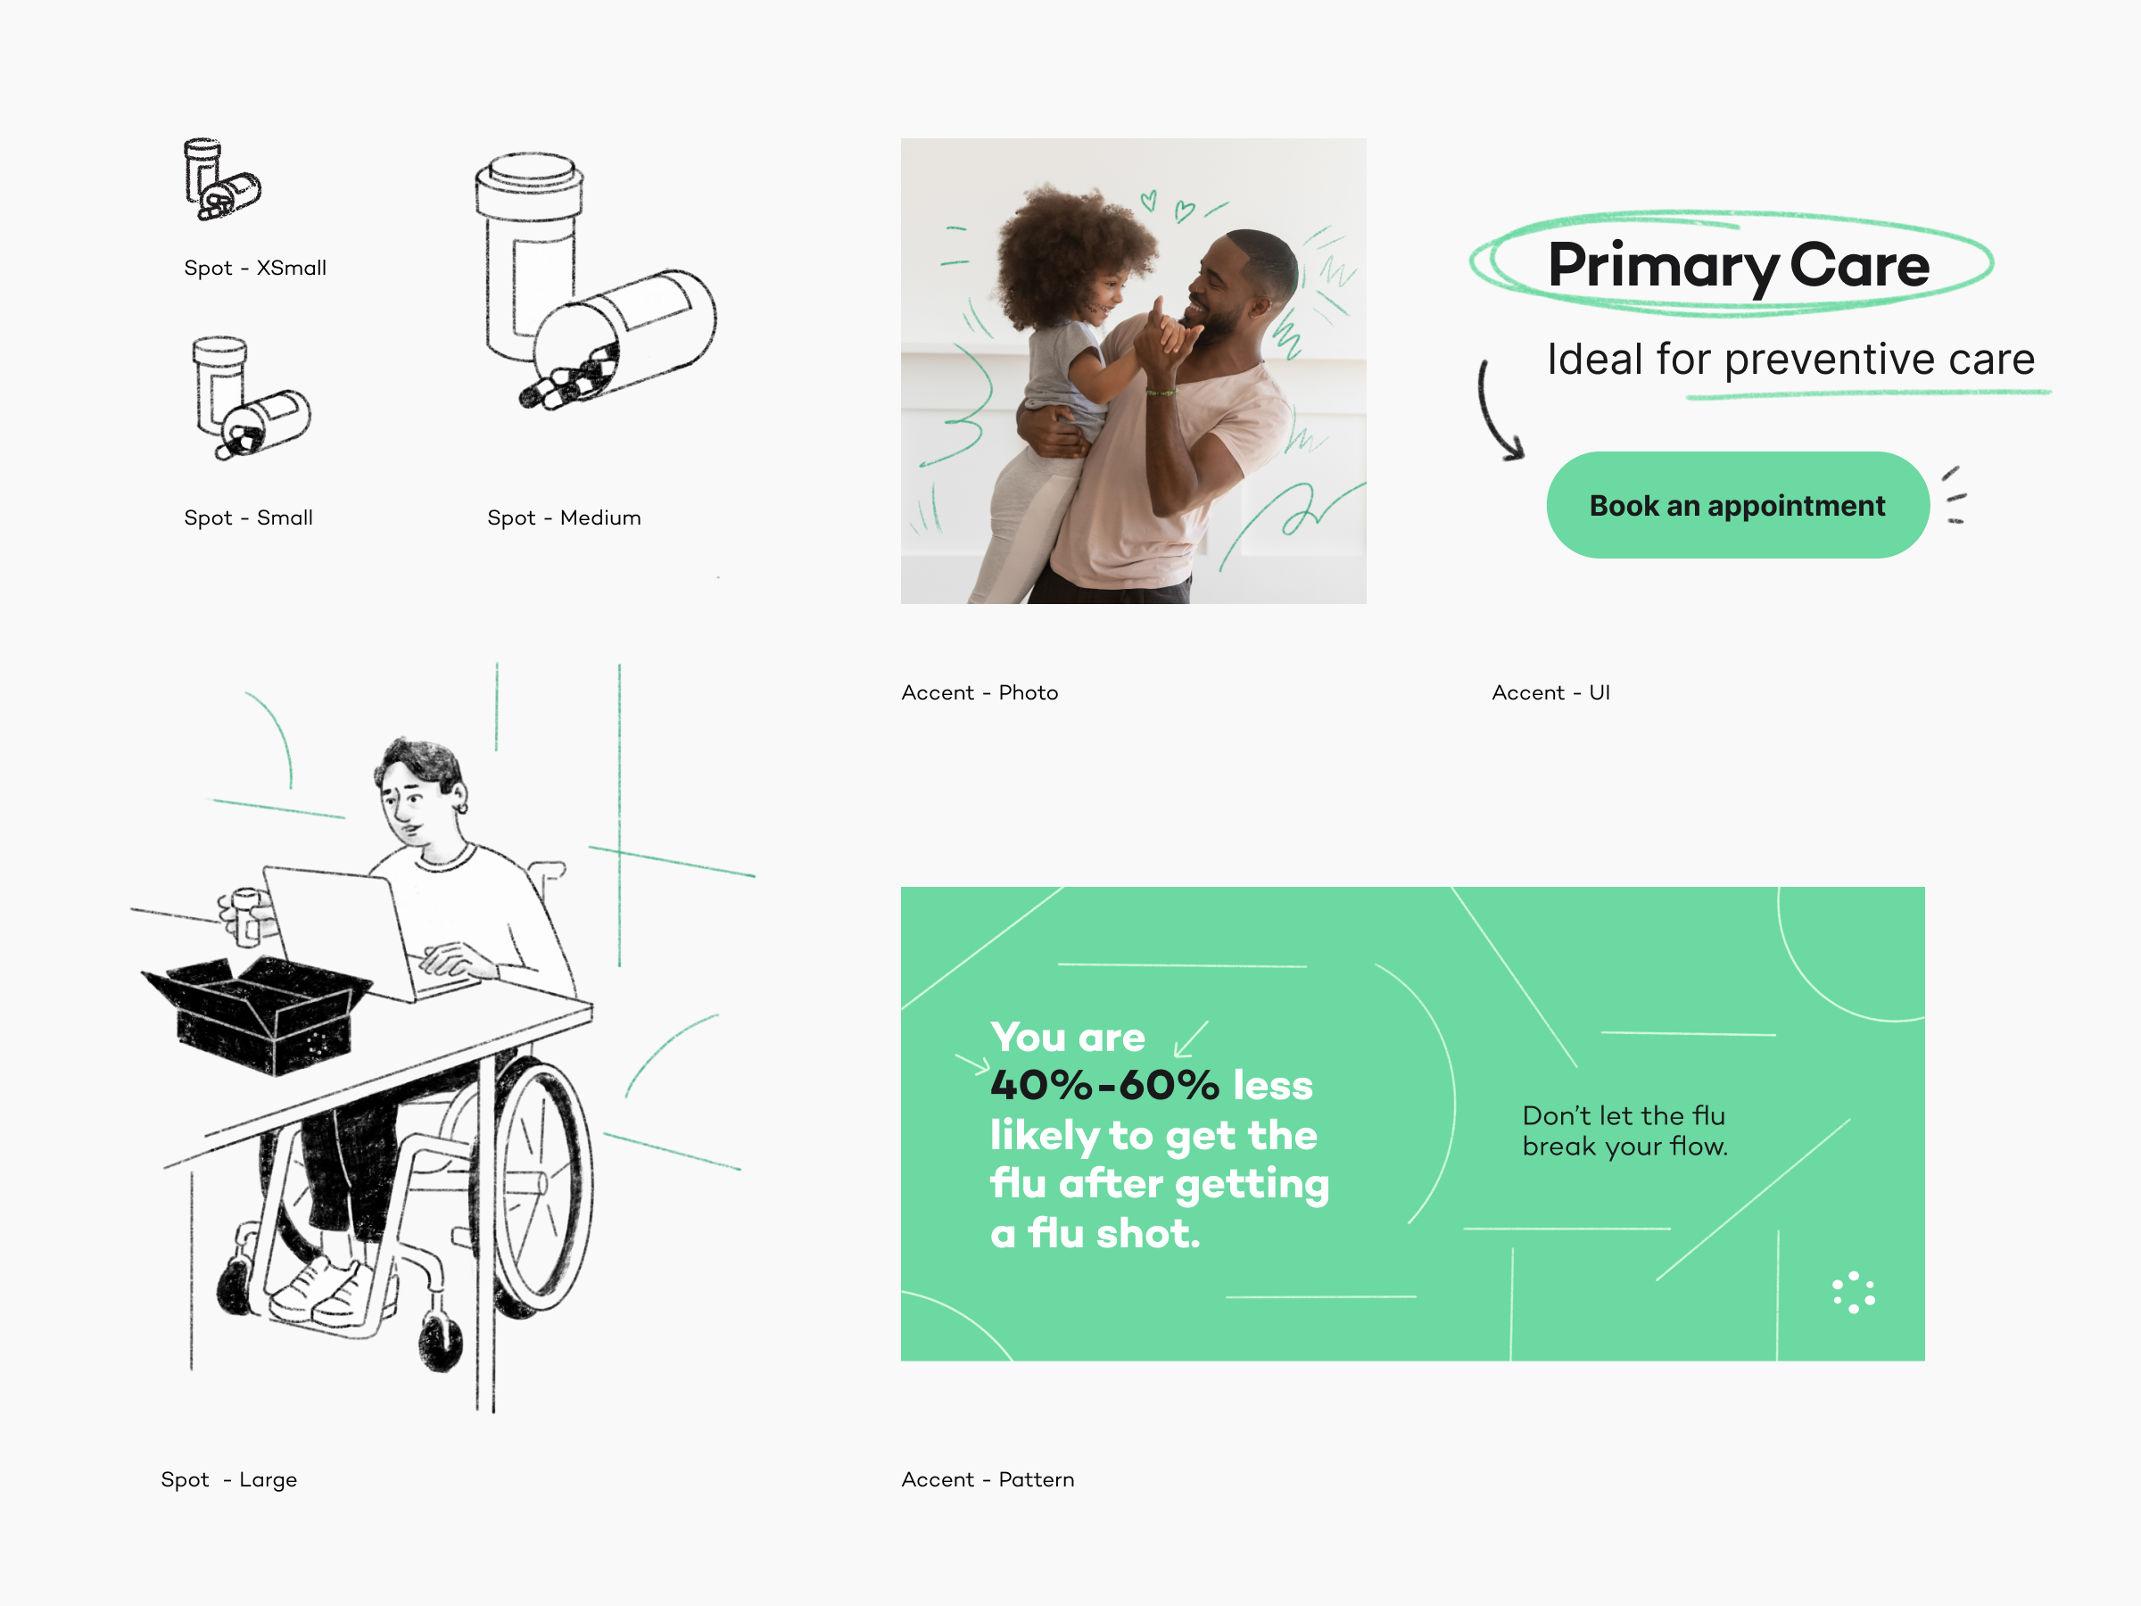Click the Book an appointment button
(1738, 504)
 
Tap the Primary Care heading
(1739, 265)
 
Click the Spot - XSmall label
(254, 269)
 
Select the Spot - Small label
(248, 517)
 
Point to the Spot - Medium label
(563, 517)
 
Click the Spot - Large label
(228, 1479)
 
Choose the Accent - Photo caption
(980, 692)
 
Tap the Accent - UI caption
(1550, 692)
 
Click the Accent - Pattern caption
(988, 1479)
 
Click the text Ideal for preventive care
(1790, 360)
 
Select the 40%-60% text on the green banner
(1104, 1085)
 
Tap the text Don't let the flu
(1624, 1115)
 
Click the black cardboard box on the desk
(257, 1014)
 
